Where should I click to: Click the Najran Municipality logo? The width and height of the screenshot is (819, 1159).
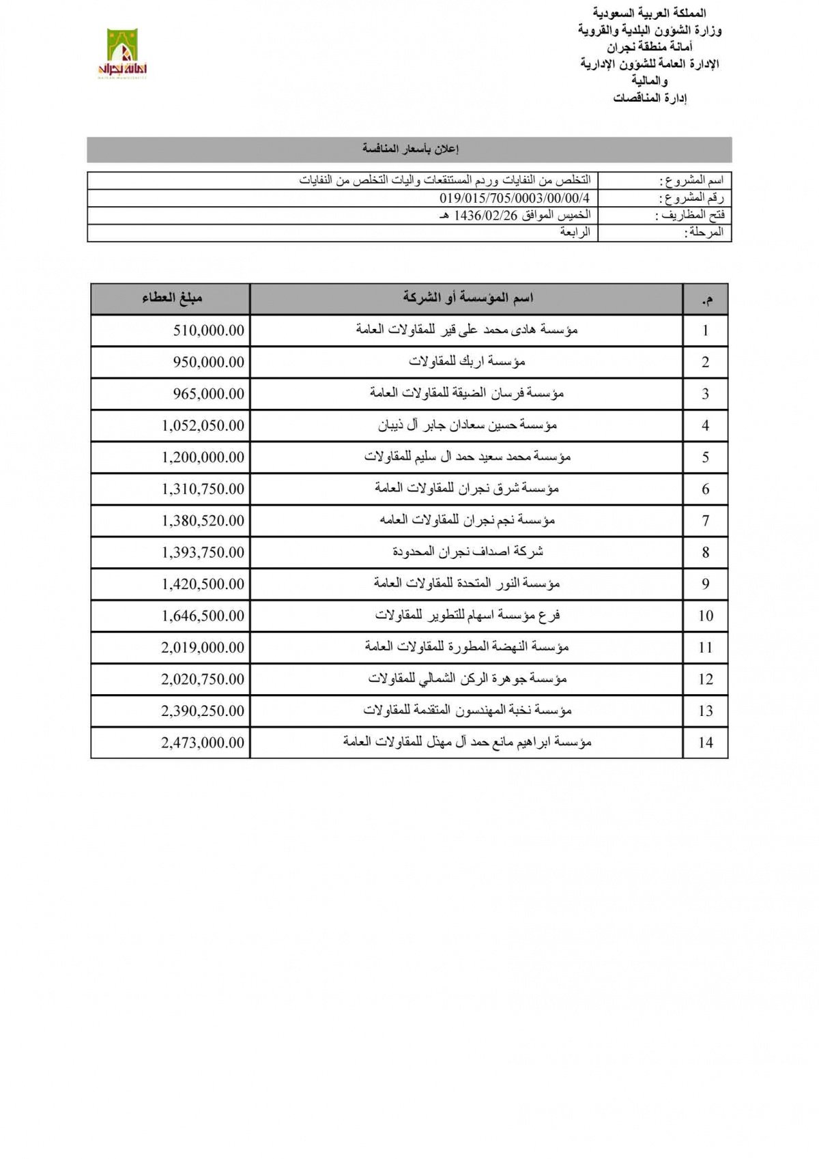pyautogui.click(x=123, y=54)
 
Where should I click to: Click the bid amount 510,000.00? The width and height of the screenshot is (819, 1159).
pyautogui.click(x=208, y=330)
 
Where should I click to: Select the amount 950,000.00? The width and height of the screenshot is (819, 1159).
pyautogui.click(x=208, y=362)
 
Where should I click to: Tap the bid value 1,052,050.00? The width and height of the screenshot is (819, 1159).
pyautogui.click(x=203, y=426)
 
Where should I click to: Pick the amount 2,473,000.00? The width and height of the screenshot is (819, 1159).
pyautogui.click(x=203, y=743)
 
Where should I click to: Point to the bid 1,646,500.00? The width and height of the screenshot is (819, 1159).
pyautogui.click(x=203, y=616)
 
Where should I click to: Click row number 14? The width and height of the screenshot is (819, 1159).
pyautogui.click(x=705, y=743)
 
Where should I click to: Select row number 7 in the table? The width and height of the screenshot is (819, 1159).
pyautogui.click(x=705, y=521)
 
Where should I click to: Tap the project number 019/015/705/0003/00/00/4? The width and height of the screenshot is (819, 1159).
pyautogui.click(x=515, y=199)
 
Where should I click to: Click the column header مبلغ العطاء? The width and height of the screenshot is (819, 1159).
pyautogui.click(x=172, y=298)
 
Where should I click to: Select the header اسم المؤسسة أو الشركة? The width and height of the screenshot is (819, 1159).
pyautogui.click(x=468, y=298)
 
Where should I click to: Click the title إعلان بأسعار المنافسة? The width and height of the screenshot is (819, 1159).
pyautogui.click(x=410, y=149)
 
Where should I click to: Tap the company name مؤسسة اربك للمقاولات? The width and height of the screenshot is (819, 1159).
pyautogui.click(x=467, y=362)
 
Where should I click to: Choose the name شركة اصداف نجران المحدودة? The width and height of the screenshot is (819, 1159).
pyautogui.click(x=468, y=552)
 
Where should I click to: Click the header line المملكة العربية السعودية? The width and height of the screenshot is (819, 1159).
pyautogui.click(x=649, y=13)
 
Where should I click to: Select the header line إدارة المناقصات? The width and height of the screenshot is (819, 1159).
pyautogui.click(x=649, y=98)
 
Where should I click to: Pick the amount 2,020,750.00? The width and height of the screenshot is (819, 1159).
pyautogui.click(x=203, y=679)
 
